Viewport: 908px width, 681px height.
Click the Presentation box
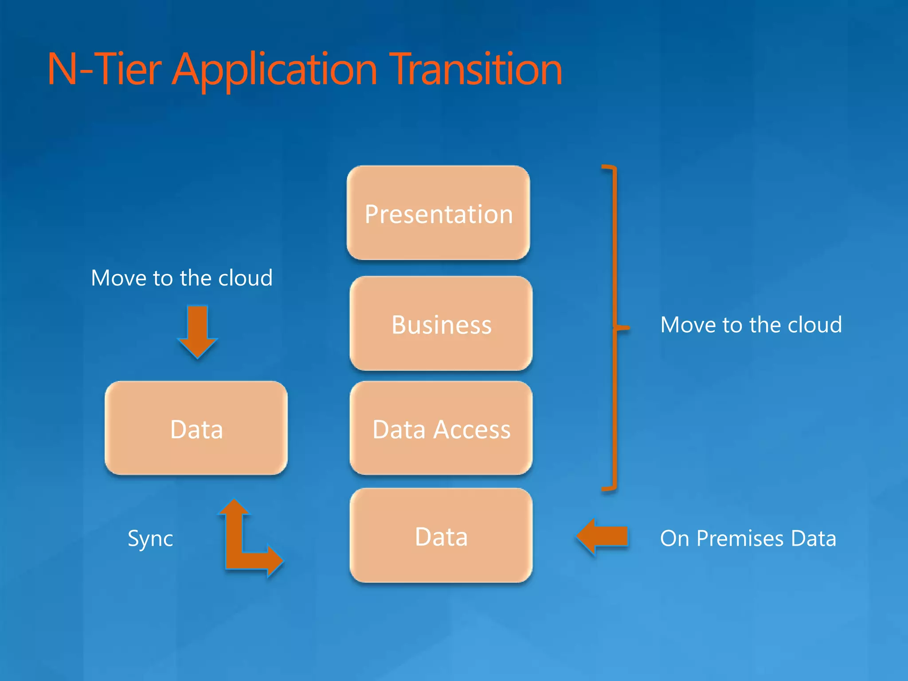438,213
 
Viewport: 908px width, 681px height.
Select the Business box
441,324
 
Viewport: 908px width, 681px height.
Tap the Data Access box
441,428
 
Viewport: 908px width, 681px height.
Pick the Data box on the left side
196,428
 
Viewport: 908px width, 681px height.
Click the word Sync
150,539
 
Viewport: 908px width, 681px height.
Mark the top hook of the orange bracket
609,168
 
